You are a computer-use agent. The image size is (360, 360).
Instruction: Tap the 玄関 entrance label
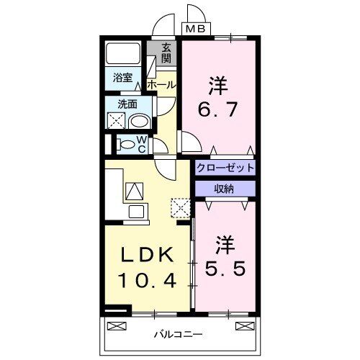[166, 54]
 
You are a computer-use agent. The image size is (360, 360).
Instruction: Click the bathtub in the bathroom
[124, 55]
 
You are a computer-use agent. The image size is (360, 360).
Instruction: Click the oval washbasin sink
[140, 120]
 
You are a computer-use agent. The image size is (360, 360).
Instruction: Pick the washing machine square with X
[117, 120]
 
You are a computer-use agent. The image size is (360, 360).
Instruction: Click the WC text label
[142, 144]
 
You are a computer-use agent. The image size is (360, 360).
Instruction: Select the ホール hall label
[161, 85]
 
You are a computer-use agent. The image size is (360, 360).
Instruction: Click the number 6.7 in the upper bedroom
[217, 112]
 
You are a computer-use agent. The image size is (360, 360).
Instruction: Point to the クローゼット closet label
[225, 168]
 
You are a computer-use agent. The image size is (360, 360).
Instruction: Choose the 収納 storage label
[225, 188]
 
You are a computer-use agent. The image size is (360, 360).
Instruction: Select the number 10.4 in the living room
[147, 279]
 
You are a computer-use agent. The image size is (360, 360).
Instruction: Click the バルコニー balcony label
[178, 334]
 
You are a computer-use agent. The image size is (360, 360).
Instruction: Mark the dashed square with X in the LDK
[180, 208]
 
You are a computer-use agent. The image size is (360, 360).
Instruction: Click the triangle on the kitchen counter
[135, 191]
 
